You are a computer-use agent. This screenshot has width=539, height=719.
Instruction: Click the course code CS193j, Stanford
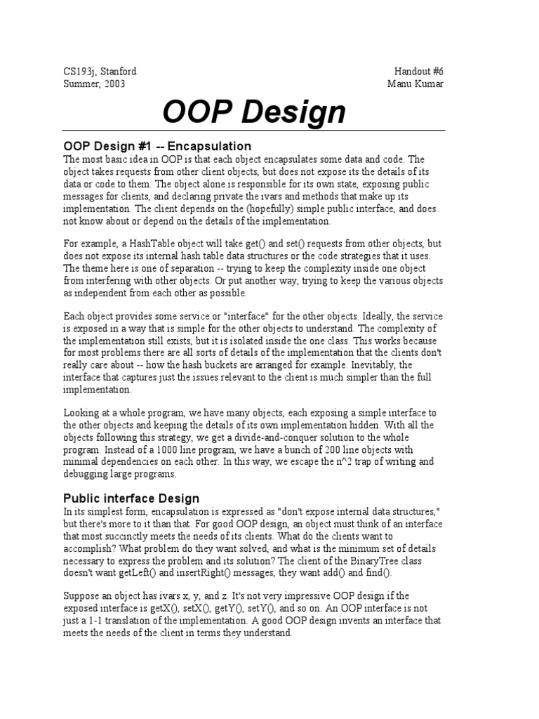coord(100,72)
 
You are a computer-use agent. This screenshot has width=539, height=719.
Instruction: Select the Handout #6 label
coord(420,72)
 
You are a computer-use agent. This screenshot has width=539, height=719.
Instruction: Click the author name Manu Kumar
coord(415,84)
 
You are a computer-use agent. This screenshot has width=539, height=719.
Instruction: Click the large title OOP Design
coord(254,112)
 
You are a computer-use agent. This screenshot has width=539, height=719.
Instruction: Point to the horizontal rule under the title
coord(254,131)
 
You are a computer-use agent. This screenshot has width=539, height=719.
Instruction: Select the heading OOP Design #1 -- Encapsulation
coord(157,147)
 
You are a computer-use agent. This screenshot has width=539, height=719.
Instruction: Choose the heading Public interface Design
coord(131,499)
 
